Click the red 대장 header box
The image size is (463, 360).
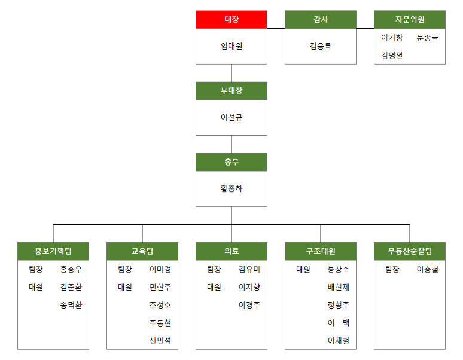point(231,20)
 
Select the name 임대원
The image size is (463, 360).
point(231,46)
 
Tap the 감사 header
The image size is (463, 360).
point(321,20)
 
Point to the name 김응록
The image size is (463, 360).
point(321,46)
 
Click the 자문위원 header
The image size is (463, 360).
point(410,20)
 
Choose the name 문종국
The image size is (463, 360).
point(428,38)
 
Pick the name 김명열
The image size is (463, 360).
point(392,56)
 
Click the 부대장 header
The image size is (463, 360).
point(231,91)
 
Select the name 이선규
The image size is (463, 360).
point(231,117)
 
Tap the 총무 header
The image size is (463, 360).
point(231,162)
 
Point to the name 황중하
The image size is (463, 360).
point(231,188)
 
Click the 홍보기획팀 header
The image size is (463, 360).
point(53,251)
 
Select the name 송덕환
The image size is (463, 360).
point(71,305)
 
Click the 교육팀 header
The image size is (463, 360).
point(142,251)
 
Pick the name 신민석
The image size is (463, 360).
point(160,341)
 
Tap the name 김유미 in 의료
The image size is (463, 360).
point(249,270)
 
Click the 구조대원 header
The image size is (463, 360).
point(321,251)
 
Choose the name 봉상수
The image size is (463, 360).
point(339,270)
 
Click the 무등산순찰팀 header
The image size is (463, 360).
point(410,251)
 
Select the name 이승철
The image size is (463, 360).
point(428,270)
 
